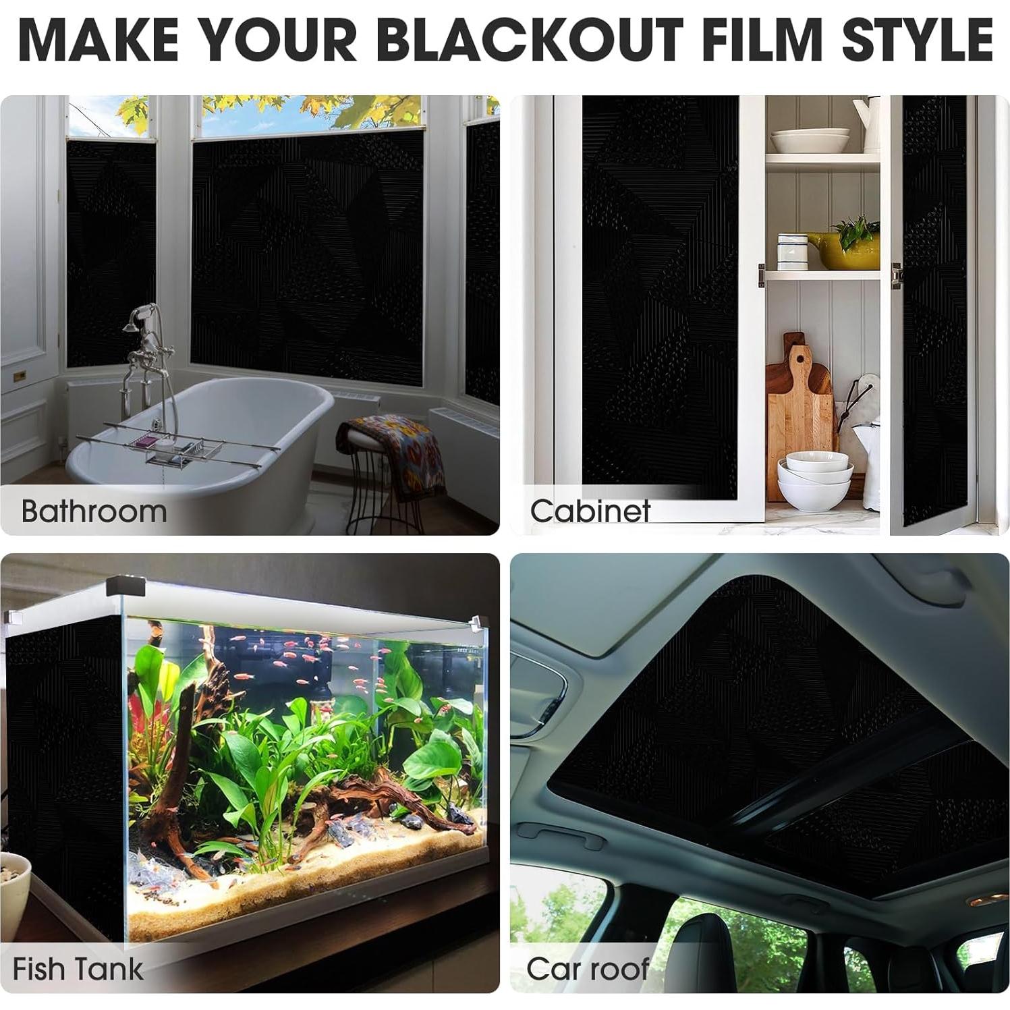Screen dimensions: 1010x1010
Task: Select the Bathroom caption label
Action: coord(94,511)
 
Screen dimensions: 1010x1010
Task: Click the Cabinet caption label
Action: coord(590,511)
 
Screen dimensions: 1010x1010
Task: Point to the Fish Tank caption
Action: coord(78,970)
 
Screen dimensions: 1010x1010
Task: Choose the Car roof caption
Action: coord(587,970)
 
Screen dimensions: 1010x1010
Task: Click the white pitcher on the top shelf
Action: coord(867,121)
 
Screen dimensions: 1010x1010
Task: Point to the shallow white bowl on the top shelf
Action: coord(810,140)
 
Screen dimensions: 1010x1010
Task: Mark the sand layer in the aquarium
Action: coord(304,891)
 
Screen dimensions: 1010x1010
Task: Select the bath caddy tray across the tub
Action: coord(169,445)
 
